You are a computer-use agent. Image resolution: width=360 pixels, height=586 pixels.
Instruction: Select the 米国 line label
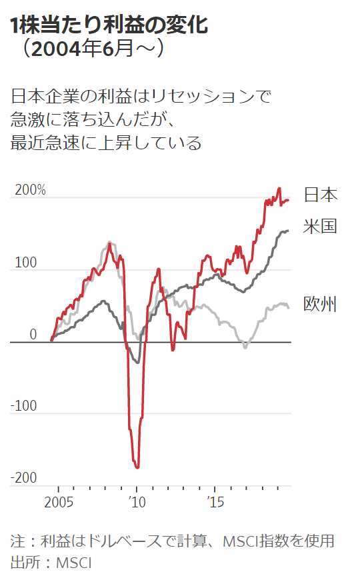(x=320, y=226)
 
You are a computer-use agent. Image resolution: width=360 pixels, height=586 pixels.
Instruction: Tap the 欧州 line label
(x=320, y=304)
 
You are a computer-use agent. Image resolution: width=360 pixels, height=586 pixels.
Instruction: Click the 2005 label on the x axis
(x=59, y=501)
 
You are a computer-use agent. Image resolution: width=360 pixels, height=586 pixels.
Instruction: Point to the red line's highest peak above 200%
(x=279, y=189)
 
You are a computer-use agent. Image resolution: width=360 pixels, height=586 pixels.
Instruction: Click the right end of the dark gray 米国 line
(x=288, y=231)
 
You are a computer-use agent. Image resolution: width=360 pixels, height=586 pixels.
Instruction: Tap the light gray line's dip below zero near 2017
(x=245, y=347)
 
